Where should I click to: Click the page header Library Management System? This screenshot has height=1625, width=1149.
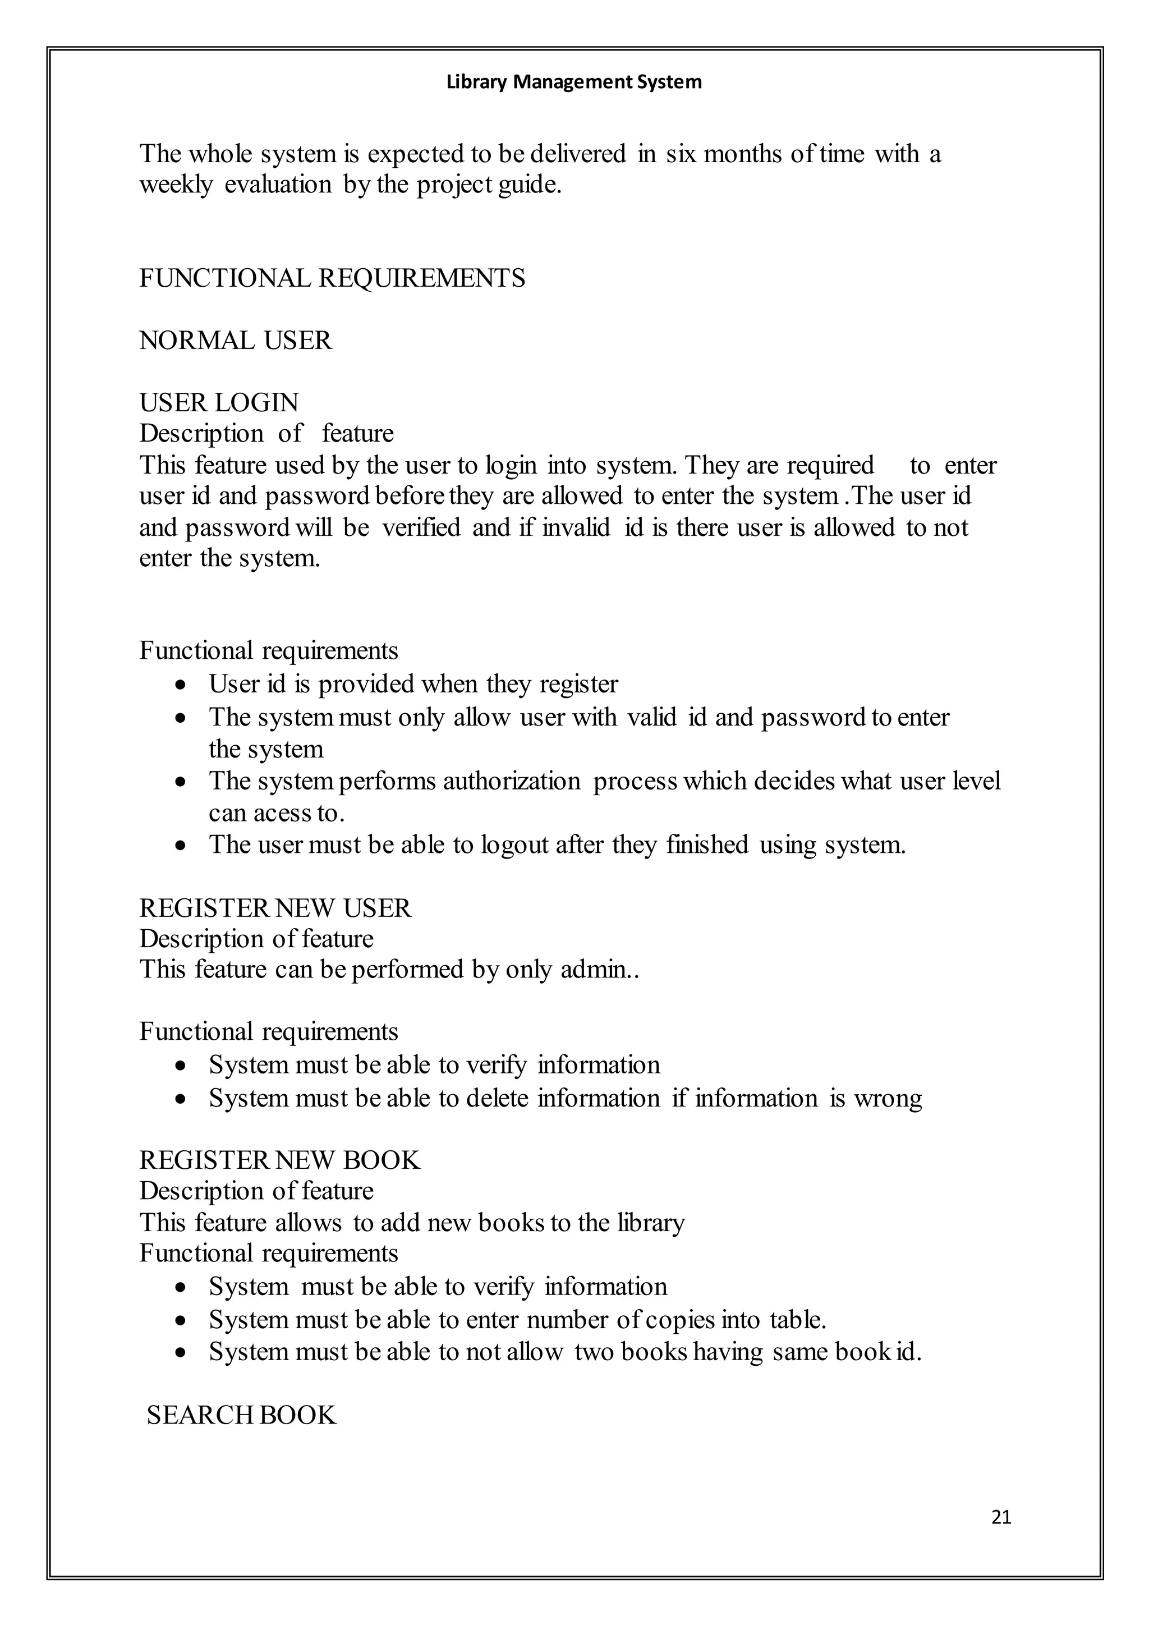pos(574,82)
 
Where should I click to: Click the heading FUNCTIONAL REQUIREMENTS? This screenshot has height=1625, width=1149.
pos(332,278)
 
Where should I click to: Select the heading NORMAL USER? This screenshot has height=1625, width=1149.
pos(235,341)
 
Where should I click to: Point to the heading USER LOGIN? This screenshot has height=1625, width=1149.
pos(219,403)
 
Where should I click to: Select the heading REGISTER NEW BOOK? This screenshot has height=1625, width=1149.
pos(279,1160)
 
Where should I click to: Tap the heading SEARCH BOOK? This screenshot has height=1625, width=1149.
pos(241,1415)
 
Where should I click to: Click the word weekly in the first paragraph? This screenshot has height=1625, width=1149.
pos(176,185)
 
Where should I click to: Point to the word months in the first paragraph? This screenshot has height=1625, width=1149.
pos(743,154)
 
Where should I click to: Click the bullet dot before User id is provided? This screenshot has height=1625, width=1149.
pos(182,685)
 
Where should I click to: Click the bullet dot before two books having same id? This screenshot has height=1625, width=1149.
pos(182,1352)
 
